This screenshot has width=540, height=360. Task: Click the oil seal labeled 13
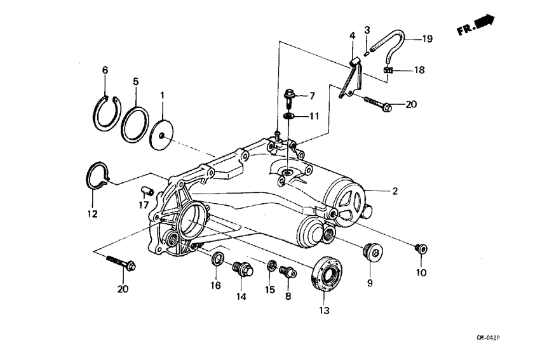coord(327,272)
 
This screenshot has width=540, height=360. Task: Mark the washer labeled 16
coord(217,258)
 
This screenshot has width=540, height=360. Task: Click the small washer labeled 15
coord(271,265)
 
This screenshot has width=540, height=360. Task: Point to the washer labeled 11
coord(289,117)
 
